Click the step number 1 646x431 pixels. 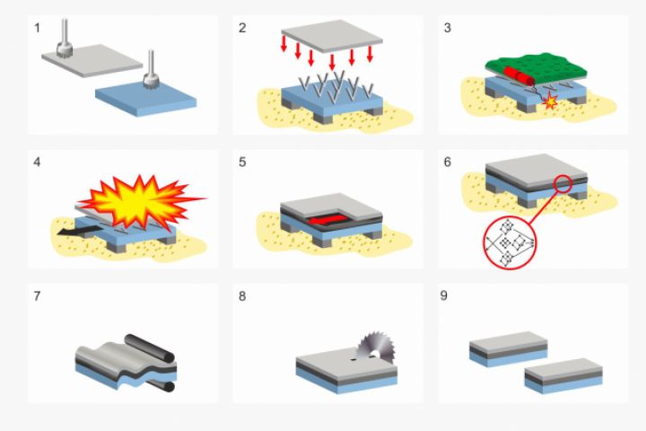(x=37, y=28)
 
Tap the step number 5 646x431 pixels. (x=242, y=163)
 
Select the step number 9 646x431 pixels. (x=444, y=295)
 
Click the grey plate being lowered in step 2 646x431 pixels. (x=332, y=36)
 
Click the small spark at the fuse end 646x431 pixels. (x=550, y=101)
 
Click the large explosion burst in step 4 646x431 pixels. (x=140, y=201)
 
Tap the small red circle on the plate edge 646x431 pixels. (x=563, y=184)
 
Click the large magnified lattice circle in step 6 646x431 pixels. (x=510, y=243)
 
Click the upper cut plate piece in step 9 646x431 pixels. (x=509, y=349)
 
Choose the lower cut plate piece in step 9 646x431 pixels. (x=563, y=376)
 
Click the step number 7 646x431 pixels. (x=37, y=296)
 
